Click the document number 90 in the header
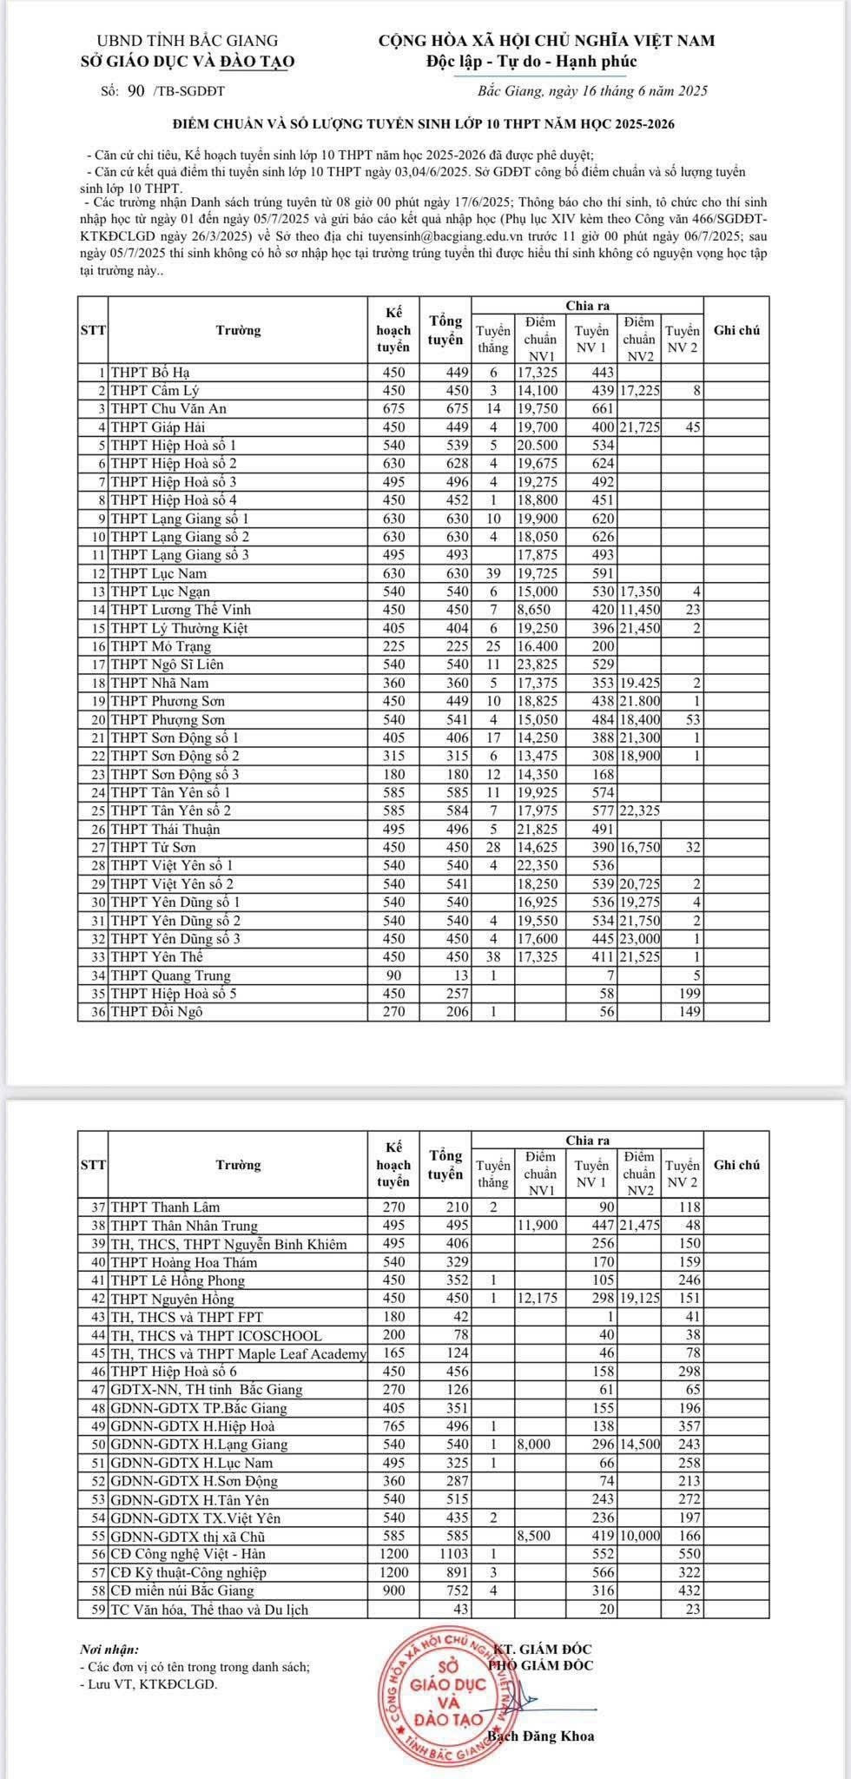135,90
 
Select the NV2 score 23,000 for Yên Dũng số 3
640,939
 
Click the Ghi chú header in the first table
736,330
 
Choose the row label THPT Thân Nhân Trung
184,1226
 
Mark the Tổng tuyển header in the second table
445,1164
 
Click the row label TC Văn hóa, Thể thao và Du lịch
208,1609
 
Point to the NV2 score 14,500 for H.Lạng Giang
640,1445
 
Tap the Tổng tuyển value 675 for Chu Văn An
445,409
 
